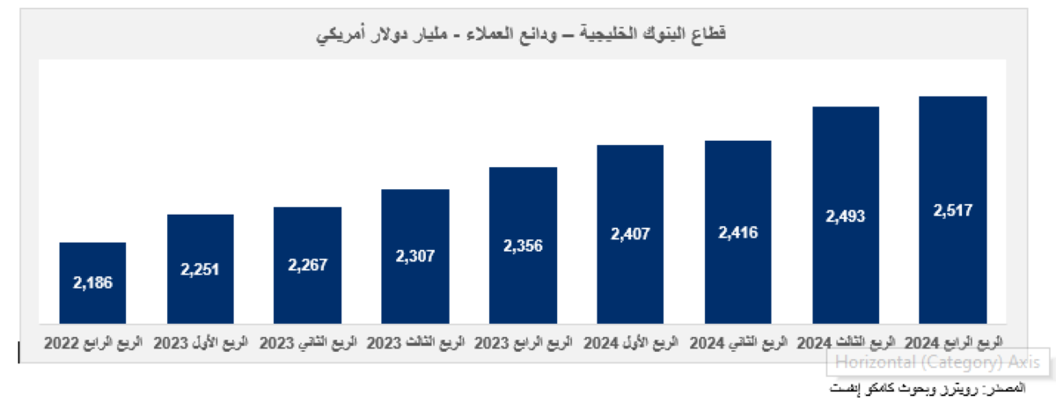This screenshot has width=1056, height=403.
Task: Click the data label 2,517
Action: click(953, 210)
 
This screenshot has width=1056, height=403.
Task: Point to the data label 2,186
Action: click(92, 282)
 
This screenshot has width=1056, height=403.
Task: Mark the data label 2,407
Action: click(630, 234)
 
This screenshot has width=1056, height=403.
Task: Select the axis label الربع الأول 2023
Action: click(200, 341)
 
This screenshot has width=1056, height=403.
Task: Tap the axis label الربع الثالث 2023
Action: click(415, 341)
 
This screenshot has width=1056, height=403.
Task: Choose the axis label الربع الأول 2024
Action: click(630, 341)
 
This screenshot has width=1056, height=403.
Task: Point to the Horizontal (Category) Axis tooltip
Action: click(937, 362)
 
